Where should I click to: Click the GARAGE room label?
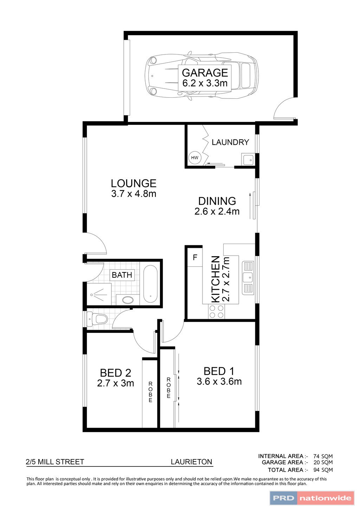pyautogui.click(x=205, y=73)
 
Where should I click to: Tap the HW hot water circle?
pyautogui.click(x=194, y=158)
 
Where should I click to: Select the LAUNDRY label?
pyautogui.click(x=230, y=142)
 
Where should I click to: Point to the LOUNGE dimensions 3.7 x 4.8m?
pyautogui.click(x=134, y=194)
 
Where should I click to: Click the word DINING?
pyautogui.click(x=217, y=201)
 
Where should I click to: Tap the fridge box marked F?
pyautogui.click(x=195, y=258)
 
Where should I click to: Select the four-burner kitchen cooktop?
pyautogui.click(x=217, y=311)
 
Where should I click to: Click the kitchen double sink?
pyautogui.click(x=248, y=278)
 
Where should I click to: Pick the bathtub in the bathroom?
pyautogui.click(x=150, y=284)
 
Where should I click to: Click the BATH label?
pyautogui.click(x=122, y=275)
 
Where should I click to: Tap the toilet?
pyautogui.click(x=99, y=319)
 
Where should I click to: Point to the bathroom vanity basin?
pyautogui.click(x=127, y=300)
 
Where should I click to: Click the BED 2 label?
pyautogui.click(x=115, y=373)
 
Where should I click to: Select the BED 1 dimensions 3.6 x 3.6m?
pyautogui.click(x=219, y=382)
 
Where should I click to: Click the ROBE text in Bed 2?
pyautogui.click(x=150, y=392)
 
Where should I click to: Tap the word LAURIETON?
pyautogui.click(x=192, y=462)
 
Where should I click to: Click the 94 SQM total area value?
pyautogui.click(x=323, y=470)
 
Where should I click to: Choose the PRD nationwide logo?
pyautogui.click(x=312, y=498)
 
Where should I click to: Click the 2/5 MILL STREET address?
pyautogui.click(x=55, y=462)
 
